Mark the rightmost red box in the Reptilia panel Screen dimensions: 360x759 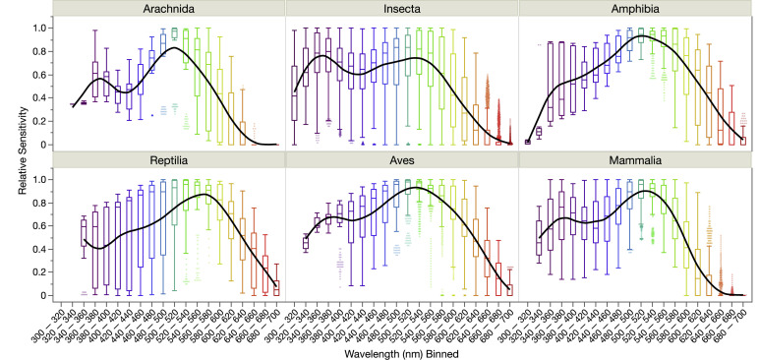275,288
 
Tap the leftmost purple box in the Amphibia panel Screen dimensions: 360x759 528,142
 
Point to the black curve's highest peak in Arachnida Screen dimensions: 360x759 174,47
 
